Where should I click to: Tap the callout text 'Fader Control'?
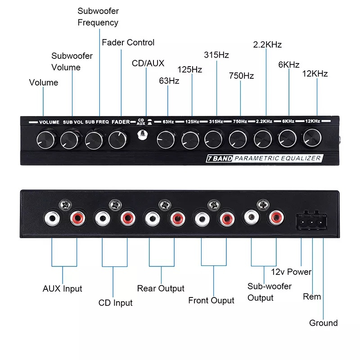128,43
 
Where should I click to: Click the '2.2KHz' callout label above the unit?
267,45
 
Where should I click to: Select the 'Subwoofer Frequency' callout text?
98,17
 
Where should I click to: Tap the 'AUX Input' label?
63,288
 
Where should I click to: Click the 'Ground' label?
323,323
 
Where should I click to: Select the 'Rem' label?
312,297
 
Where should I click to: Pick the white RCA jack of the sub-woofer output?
250,218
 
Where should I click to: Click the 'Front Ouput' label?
211,300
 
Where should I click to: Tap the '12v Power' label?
291,272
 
